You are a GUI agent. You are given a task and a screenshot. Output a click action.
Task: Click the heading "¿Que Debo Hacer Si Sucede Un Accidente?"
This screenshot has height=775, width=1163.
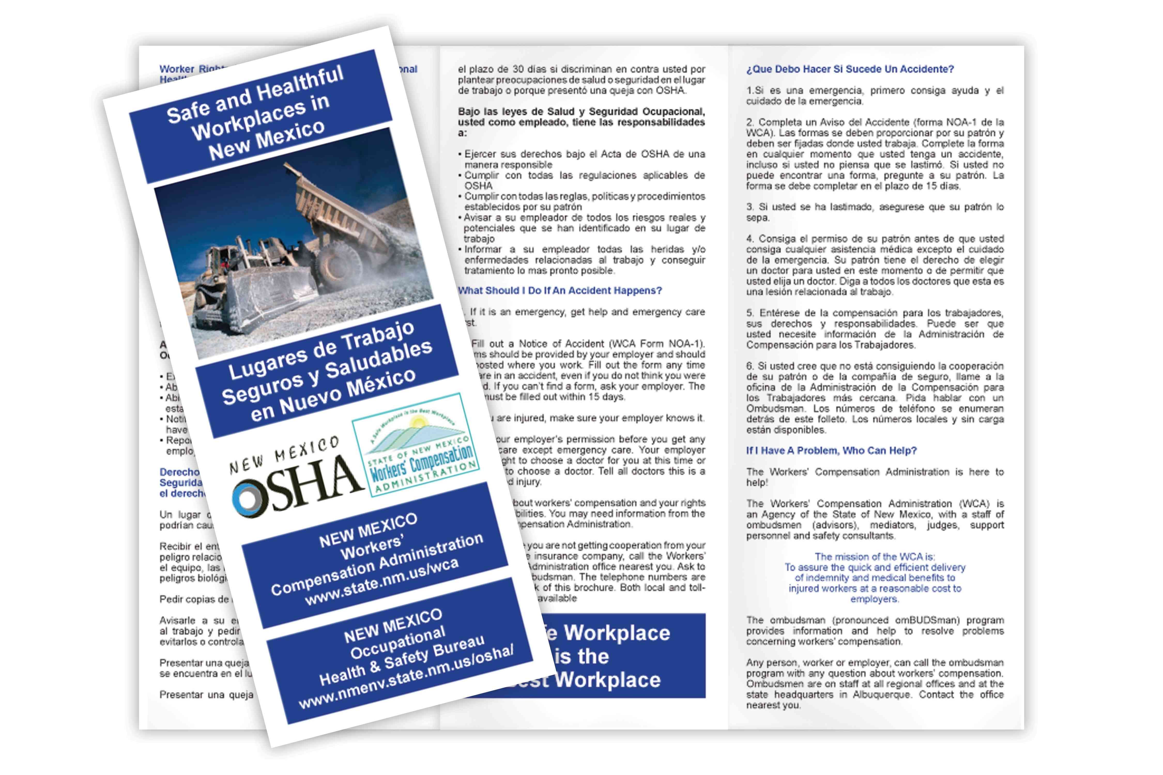click(850, 69)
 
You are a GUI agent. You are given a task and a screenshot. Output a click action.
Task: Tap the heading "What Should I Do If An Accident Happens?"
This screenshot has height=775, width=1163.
click(560, 291)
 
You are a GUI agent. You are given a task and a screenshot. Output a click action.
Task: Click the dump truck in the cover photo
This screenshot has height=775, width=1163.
click(341, 213)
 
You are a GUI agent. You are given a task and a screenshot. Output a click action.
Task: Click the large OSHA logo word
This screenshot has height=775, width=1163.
click(297, 487)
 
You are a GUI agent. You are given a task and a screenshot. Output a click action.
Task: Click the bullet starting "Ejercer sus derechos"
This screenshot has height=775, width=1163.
click(584, 159)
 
